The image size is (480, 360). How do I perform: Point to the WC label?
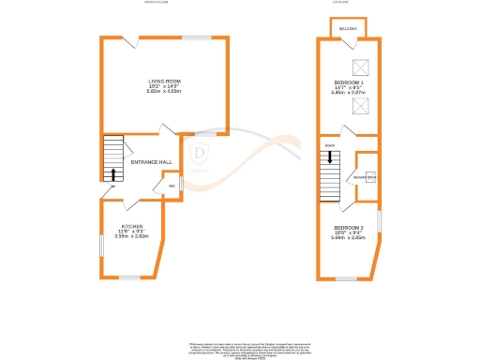pos(172,187)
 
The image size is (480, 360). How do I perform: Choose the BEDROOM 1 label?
pos(345,82)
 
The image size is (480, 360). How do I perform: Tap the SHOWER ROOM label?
pos(366,175)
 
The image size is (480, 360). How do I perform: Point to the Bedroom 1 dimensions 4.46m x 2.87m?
pos(345,94)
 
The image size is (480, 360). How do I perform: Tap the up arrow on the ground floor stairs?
pos(114,173)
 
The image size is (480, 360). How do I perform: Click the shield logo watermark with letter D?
pos(200,154)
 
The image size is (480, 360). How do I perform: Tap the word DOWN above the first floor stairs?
pos(329,146)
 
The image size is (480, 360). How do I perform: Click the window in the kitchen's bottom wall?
pos(127,277)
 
